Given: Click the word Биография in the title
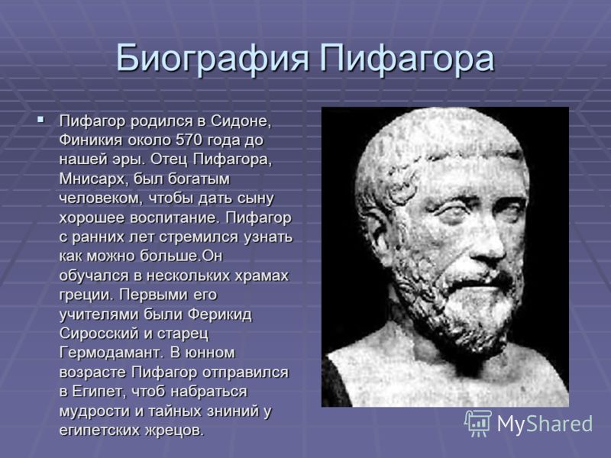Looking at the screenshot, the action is (x=213, y=60).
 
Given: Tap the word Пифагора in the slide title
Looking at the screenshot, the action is (x=407, y=60).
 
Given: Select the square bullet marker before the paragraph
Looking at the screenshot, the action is (x=40, y=119).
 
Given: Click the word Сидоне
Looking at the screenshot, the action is (x=241, y=121).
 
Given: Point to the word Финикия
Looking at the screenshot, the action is (x=90, y=140).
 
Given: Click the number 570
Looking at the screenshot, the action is (x=189, y=140).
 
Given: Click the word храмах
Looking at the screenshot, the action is (x=261, y=276).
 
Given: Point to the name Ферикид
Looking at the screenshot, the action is (x=220, y=314).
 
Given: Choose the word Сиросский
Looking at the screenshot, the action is (x=99, y=334).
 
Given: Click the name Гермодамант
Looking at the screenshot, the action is (x=111, y=353).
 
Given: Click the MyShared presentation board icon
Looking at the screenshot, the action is (x=478, y=424).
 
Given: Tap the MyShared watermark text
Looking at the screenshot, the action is (x=545, y=424).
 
